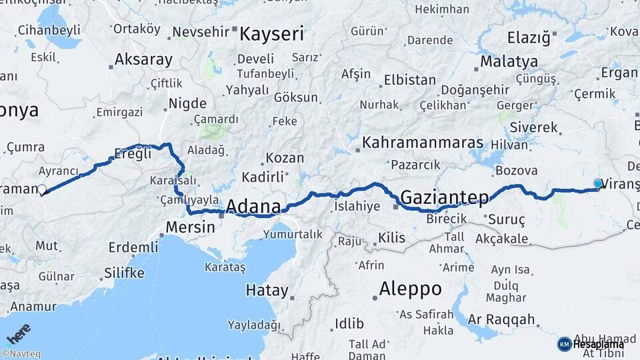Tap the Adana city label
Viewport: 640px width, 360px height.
pyautogui.click(x=253, y=206)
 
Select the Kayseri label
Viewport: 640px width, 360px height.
pyautogui.click(x=271, y=34)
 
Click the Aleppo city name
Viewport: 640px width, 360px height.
pyautogui.click(x=410, y=289)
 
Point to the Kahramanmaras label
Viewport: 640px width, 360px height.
pyautogui.click(x=423, y=143)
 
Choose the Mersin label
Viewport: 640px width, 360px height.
pyautogui.click(x=191, y=227)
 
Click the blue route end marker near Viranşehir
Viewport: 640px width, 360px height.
pyautogui.click(x=598, y=183)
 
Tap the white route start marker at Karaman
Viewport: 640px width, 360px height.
pyautogui.click(x=42, y=190)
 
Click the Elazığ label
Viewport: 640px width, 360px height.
pyautogui.click(x=529, y=37)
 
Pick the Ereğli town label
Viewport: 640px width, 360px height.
pyautogui.click(x=133, y=153)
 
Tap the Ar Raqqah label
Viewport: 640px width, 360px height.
pyautogui.click(x=501, y=319)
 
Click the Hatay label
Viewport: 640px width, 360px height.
pyautogui.click(x=267, y=291)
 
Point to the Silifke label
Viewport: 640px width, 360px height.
pyautogui.click(x=124, y=273)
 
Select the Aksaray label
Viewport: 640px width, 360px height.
pyautogui.click(x=143, y=59)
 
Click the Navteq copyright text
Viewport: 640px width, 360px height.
pyautogui.click(x=21, y=354)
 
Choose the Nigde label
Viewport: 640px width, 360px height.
pyautogui.click(x=187, y=103)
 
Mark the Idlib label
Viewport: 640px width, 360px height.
pyautogui.click(x=349, y=323)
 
